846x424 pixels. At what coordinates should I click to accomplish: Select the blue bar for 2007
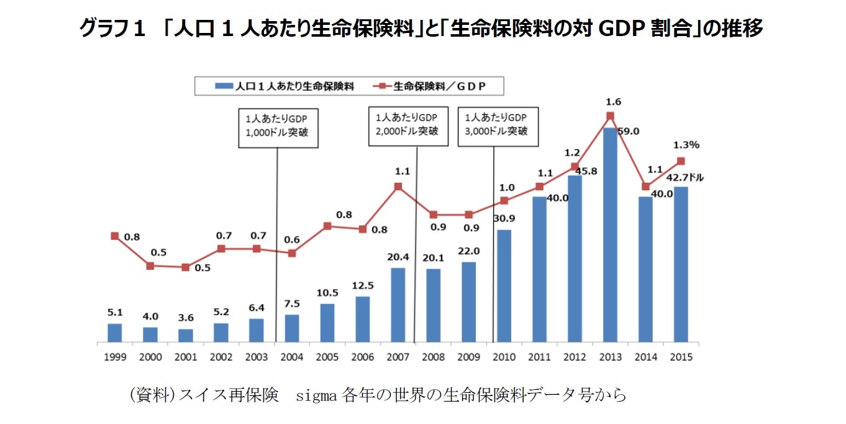(398, 305)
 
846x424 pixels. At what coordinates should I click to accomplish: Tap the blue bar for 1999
(114, 333)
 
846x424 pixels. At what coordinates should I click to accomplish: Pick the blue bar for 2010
(504, 286)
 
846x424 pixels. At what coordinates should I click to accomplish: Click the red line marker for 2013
(610, 116)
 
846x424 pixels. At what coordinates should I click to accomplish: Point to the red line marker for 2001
(185, 267)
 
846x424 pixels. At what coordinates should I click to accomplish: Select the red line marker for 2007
(398, 186)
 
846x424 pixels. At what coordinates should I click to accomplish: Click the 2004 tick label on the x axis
(291, 357)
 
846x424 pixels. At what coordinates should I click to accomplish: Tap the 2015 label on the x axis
(681, 357)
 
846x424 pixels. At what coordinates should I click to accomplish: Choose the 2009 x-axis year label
(468, 357)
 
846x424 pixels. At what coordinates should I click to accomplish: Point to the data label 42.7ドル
(686, 177)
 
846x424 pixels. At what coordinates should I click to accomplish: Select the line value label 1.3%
(687, 145)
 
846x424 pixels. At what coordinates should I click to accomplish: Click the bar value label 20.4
(398, 257)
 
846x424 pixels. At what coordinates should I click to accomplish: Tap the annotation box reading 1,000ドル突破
(278, 127)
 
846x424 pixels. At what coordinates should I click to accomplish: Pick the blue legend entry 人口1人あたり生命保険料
(286, 86)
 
